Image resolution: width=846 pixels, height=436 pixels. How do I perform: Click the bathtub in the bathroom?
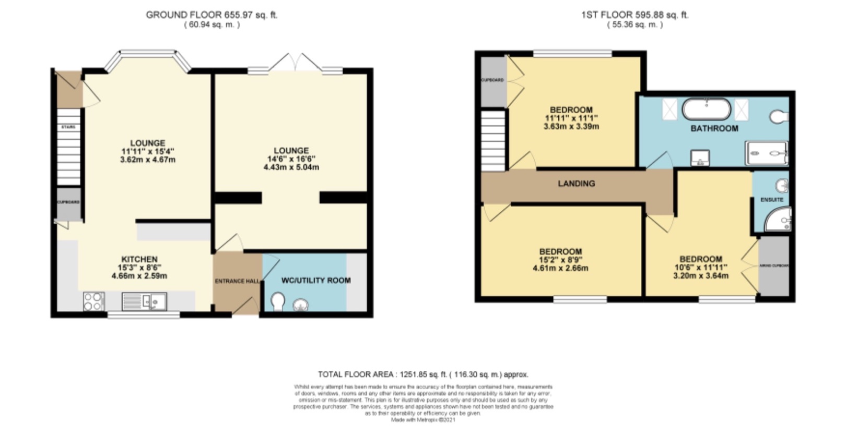pos(707,110)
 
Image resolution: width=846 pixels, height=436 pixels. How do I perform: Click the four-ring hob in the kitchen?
pos(93,301)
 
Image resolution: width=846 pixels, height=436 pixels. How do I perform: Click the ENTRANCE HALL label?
pos(237,281)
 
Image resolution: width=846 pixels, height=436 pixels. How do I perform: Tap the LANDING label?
pos(576,184)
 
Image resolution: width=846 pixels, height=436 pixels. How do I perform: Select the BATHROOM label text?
pos(714,128)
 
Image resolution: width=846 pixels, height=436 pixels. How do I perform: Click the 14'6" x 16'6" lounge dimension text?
pos(291,159)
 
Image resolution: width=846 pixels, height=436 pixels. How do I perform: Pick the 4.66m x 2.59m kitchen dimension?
pos(139,276)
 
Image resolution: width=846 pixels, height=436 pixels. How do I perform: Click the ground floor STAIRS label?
pos(68,127)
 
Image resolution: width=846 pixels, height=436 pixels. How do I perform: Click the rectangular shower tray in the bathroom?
pos(767,153)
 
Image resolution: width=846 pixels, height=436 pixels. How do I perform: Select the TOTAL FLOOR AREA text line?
pos(423,374)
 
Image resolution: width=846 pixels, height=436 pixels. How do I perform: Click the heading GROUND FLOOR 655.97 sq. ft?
pos(211,15)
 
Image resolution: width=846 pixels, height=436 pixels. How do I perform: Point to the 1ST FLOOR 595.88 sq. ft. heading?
pos(634,15)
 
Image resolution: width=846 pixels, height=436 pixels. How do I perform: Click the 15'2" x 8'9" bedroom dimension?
pos(560,260)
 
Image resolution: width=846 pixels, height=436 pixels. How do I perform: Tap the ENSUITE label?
pos(771,199)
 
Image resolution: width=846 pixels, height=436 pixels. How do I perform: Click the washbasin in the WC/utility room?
pos(301,304)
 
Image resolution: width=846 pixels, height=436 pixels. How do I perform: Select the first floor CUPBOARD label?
pos(492,80)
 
